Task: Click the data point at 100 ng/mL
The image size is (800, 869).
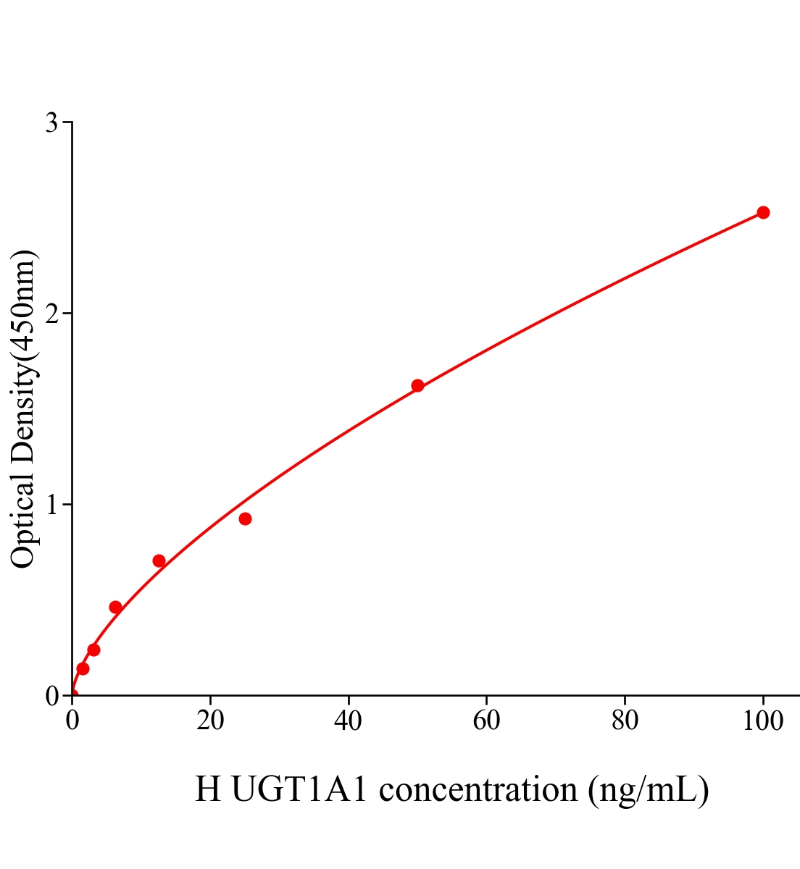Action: tap(762, 212)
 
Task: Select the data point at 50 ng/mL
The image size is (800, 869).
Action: tap(417, 385)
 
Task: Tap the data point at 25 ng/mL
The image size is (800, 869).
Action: tap(245, 519)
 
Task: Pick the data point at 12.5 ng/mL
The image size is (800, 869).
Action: tap(159, 561)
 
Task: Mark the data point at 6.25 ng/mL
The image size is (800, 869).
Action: tap(115, 607)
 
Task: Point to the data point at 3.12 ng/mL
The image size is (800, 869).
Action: tap(93, 650)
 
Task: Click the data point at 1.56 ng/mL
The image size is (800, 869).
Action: tap(83, 668)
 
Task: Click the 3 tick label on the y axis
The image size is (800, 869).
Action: tap(51, 122)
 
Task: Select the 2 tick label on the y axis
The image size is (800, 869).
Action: tap(51, 314)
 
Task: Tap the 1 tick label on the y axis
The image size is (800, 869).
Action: tap(51, 504)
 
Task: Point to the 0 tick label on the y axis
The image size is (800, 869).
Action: tap(51, 696)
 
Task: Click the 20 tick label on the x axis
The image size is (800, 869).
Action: tap(210, 721)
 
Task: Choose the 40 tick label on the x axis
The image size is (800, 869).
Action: tap(349, 721)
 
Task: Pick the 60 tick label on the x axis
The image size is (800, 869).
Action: tap(486, 721)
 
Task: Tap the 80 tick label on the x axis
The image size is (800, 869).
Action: tap(625, 721)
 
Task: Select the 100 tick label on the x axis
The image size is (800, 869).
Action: tap(762, 721)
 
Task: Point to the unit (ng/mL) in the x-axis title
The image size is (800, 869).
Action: tap(648, 789)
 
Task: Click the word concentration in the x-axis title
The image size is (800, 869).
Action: tap(478, 789)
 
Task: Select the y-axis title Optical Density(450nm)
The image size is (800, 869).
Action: tap(23, 408)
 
